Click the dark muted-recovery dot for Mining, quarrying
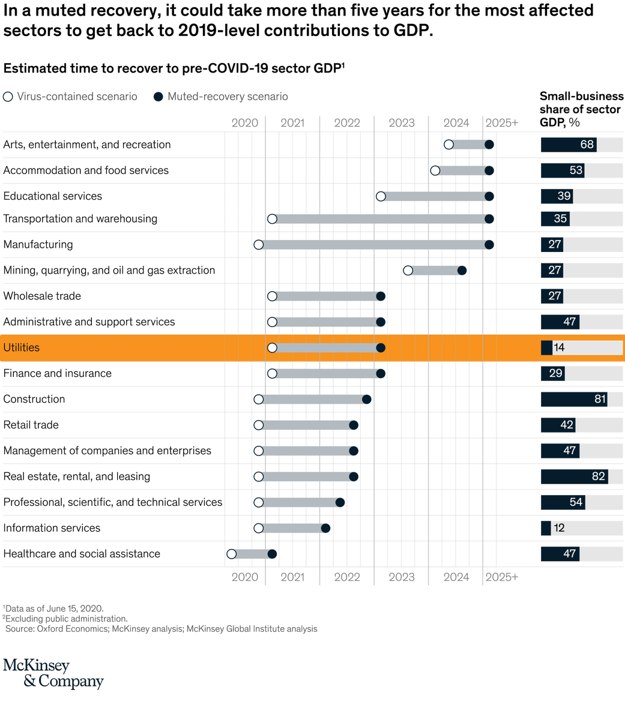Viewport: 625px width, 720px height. pos(462,271)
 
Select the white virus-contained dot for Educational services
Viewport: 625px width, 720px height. pos(381,196)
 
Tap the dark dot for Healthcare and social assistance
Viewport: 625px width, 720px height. pos(272,554)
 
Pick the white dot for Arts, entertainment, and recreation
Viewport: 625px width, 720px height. pos(448,145)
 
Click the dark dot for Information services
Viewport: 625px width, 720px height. pos(325,528)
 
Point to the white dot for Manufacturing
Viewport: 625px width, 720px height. pos(259,244)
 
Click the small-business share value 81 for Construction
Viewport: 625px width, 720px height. pos(599,399)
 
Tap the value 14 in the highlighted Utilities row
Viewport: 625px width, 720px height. pos(559,347)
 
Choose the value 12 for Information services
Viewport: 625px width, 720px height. pos(559,528)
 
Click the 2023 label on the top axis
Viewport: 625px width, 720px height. pos(402,123)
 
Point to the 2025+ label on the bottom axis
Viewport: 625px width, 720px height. pos(501,577)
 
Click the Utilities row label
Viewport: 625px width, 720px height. pos(22,347)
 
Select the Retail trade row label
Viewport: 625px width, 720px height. pos(31,425)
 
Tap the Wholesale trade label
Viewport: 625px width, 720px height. pos(42,296)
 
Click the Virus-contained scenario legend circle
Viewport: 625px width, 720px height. pos(8,97)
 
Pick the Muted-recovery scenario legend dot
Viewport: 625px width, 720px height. pos(159,97)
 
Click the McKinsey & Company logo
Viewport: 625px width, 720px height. pos(53,673)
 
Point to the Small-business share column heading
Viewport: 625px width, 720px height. pos(581,109)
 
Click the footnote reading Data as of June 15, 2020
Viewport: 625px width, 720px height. pos(55,608)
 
